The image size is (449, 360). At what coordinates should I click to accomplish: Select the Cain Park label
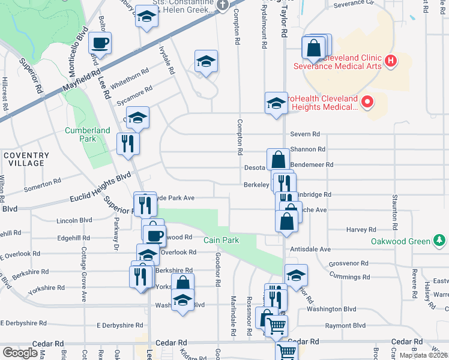(221, 240)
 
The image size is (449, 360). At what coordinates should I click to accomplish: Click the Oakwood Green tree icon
(440, 241)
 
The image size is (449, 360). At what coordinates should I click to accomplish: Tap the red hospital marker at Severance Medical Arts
(391, 61)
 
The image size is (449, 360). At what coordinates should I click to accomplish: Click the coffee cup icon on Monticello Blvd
(100, 43)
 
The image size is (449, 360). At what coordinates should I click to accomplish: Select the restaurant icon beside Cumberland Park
(128, 143)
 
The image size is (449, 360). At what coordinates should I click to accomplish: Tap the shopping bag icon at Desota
(277, 160)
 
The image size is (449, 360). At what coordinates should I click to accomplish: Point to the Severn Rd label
(305, 134)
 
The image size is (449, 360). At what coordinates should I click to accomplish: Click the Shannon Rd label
(307, 149)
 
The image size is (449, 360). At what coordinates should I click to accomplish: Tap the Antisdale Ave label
(310, 249)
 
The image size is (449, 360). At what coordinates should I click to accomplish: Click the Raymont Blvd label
(345, 326)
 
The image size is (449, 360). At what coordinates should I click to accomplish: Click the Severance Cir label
(354, 3)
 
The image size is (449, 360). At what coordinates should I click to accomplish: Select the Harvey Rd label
(361, 230)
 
